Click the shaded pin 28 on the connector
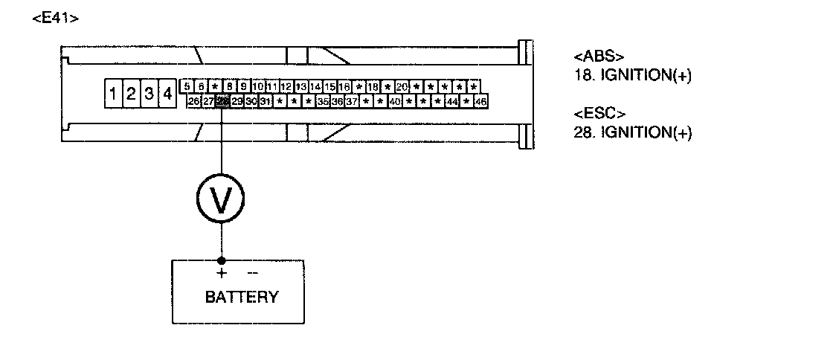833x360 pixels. pos(222,100)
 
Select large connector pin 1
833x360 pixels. pos(112,94)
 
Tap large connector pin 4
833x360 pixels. pos(168,94)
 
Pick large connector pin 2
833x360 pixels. pos(131,94)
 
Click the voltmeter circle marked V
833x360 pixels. pos(221,199)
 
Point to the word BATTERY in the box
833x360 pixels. pos(242,298)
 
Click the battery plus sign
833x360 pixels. pos(221,273)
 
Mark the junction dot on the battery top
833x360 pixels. pos(221,260)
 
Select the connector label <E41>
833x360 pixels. pos(56,18)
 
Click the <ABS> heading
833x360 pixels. pos(599,57)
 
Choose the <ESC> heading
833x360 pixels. pos(599,114)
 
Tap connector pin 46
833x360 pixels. pos(480,100)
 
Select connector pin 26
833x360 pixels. pos(193,100)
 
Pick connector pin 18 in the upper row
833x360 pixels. pos(373,86)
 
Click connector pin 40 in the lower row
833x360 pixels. pos(395,100)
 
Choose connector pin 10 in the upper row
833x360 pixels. pos(258,86)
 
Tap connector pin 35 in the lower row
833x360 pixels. pos(323,100)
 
